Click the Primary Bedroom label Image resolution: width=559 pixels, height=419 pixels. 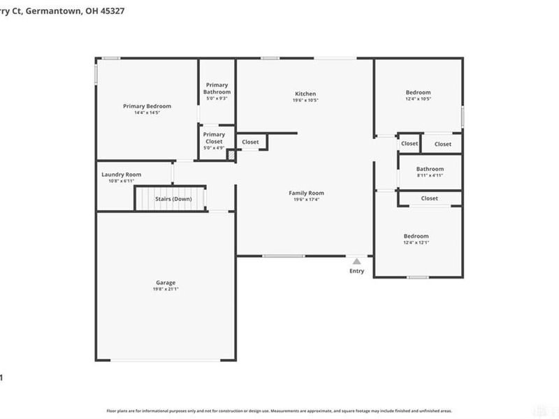147,106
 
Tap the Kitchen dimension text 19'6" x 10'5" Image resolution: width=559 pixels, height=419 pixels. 305,100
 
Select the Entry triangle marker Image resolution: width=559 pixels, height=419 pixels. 356,261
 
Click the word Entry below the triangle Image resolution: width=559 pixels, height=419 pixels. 356,271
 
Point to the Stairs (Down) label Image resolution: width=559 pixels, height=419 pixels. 173,199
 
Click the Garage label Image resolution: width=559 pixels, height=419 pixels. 166,283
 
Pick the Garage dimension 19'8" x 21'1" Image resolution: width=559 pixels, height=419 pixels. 166,289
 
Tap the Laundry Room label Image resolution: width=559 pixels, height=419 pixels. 121,175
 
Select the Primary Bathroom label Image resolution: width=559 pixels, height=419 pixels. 217,89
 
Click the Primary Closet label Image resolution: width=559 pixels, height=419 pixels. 214,138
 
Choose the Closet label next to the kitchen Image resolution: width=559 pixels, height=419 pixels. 250,142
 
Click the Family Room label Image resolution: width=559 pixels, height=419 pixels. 306,193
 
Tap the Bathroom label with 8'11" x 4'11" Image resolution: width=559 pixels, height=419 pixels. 430,169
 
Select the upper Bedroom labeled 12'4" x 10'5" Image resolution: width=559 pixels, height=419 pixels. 418,92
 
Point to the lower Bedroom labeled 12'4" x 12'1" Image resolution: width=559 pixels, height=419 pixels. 416,236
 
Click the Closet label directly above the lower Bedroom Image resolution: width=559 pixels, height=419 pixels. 429,198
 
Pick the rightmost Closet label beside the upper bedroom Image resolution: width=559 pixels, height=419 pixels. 443,144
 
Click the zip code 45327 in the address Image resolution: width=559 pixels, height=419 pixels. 103,11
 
